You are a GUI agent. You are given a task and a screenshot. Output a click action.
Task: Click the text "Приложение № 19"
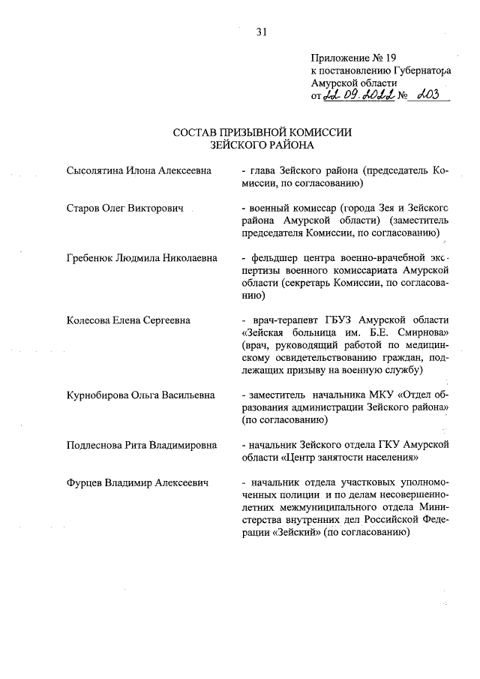[x=346, y=58]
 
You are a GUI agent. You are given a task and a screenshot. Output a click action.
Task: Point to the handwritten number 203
[x=431, y=95]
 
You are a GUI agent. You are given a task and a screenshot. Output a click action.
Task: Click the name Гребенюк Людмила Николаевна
[x=141, y=257]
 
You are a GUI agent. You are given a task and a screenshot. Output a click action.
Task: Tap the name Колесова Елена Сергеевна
[x=128, y=320]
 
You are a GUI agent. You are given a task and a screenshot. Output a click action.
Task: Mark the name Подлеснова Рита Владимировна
[x=142, y=445]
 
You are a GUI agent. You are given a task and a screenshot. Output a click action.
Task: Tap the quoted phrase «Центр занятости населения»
[x=353, y=458]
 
